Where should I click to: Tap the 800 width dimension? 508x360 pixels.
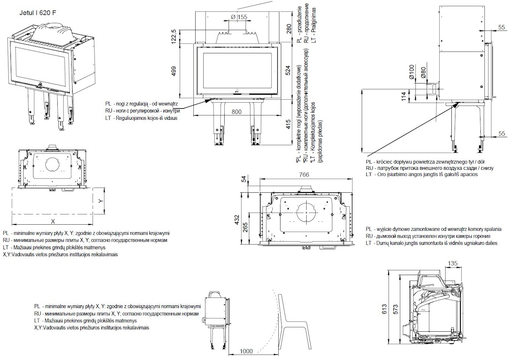point(236,112)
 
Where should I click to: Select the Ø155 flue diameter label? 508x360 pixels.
point(238,17)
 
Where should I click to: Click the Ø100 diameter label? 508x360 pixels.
point(411,72)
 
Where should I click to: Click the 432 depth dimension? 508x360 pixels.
point(237,220)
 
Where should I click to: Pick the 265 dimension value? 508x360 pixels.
point(245,228)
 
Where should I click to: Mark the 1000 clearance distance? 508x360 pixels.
point(246,351)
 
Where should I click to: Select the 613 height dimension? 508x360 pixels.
point(385,308)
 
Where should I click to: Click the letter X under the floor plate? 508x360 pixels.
point(53,221)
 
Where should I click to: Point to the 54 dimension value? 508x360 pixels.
point(244,179)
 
